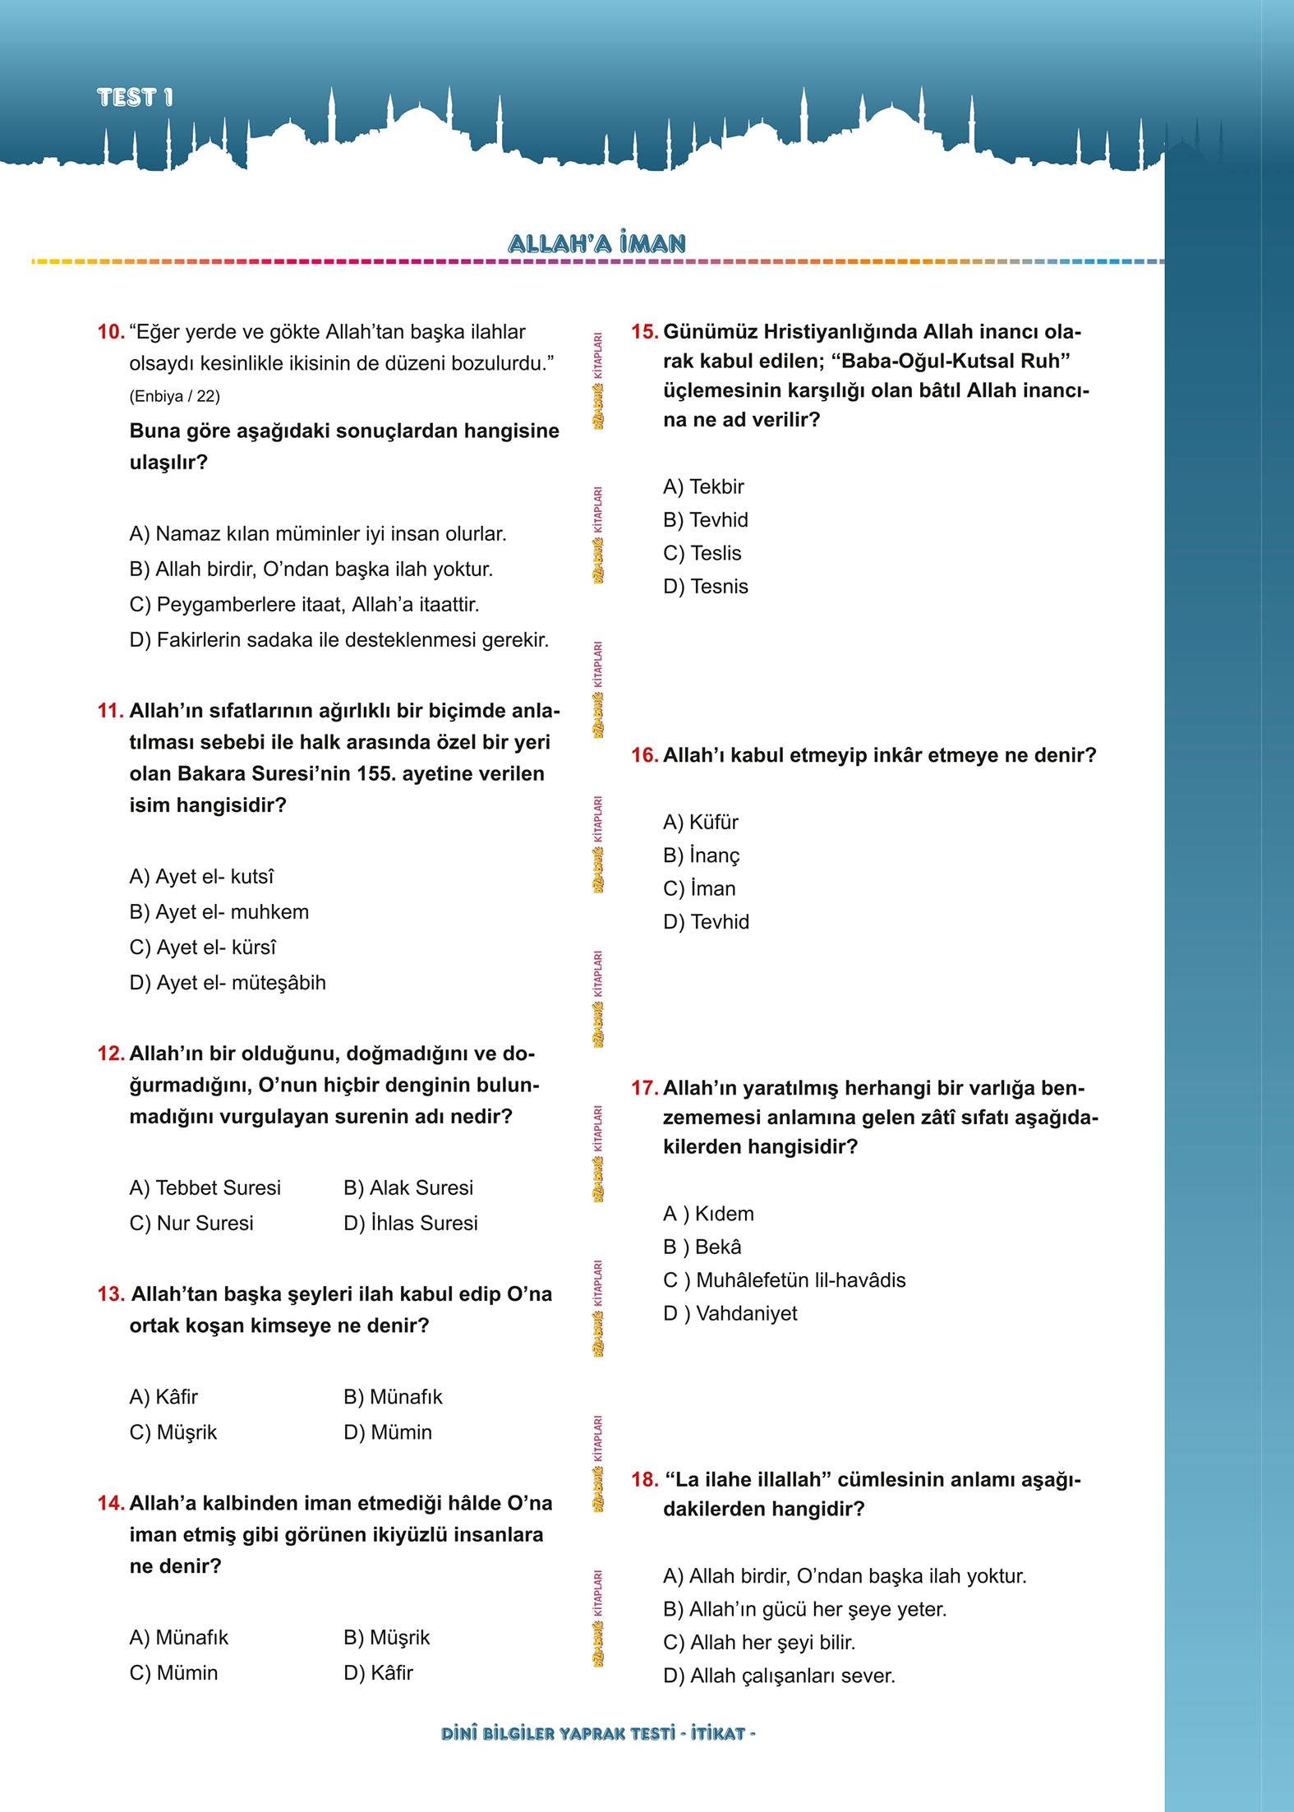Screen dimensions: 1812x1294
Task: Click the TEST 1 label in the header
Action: click(135, 97)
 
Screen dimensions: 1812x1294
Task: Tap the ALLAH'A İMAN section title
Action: click(596, 243)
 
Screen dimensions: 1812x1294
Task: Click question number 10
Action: click(110, 332)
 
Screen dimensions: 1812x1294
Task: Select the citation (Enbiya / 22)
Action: click(174, 396)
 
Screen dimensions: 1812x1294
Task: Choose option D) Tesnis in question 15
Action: click(705, 587)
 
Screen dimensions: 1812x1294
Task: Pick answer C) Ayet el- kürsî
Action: click(202, 947)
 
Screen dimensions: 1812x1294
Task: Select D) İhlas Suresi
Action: click(410, 1223)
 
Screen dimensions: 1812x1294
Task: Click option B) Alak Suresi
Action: click(408, 1187)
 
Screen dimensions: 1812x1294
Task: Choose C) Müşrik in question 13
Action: click(173, 1432)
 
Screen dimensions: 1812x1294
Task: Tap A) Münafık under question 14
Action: click(178, 1637)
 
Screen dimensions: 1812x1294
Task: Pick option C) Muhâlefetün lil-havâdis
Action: click(784, 1280)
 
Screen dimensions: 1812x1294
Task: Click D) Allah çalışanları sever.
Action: click(778, 1676)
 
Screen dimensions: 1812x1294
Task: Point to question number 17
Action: click(644, 1088)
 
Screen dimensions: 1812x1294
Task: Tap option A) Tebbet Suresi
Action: click(205, 1187)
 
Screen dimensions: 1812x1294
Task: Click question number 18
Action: click(644, 1480)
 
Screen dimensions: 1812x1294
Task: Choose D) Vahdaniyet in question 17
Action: click(730, 1313)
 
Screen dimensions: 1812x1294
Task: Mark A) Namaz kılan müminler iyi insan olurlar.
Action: click(317, 534)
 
